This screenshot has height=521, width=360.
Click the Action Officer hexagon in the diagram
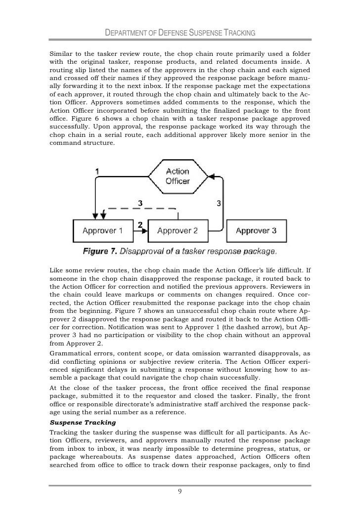pyautogui.click(x=177, y=176)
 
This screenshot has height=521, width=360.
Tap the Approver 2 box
pyautogui.click(x=177, y=230)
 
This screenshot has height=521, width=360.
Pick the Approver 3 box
pyautogui.click(x=256, y=230)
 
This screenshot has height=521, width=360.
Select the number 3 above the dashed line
pyautogui.click(x=140, y=203)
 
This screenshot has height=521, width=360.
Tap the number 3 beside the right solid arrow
pyautogui.click(x=219, y=203)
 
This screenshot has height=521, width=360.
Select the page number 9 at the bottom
pyautogui.click(x=180, y=491)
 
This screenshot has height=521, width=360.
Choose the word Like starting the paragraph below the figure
pyautogui.click(x=57, y=270)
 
